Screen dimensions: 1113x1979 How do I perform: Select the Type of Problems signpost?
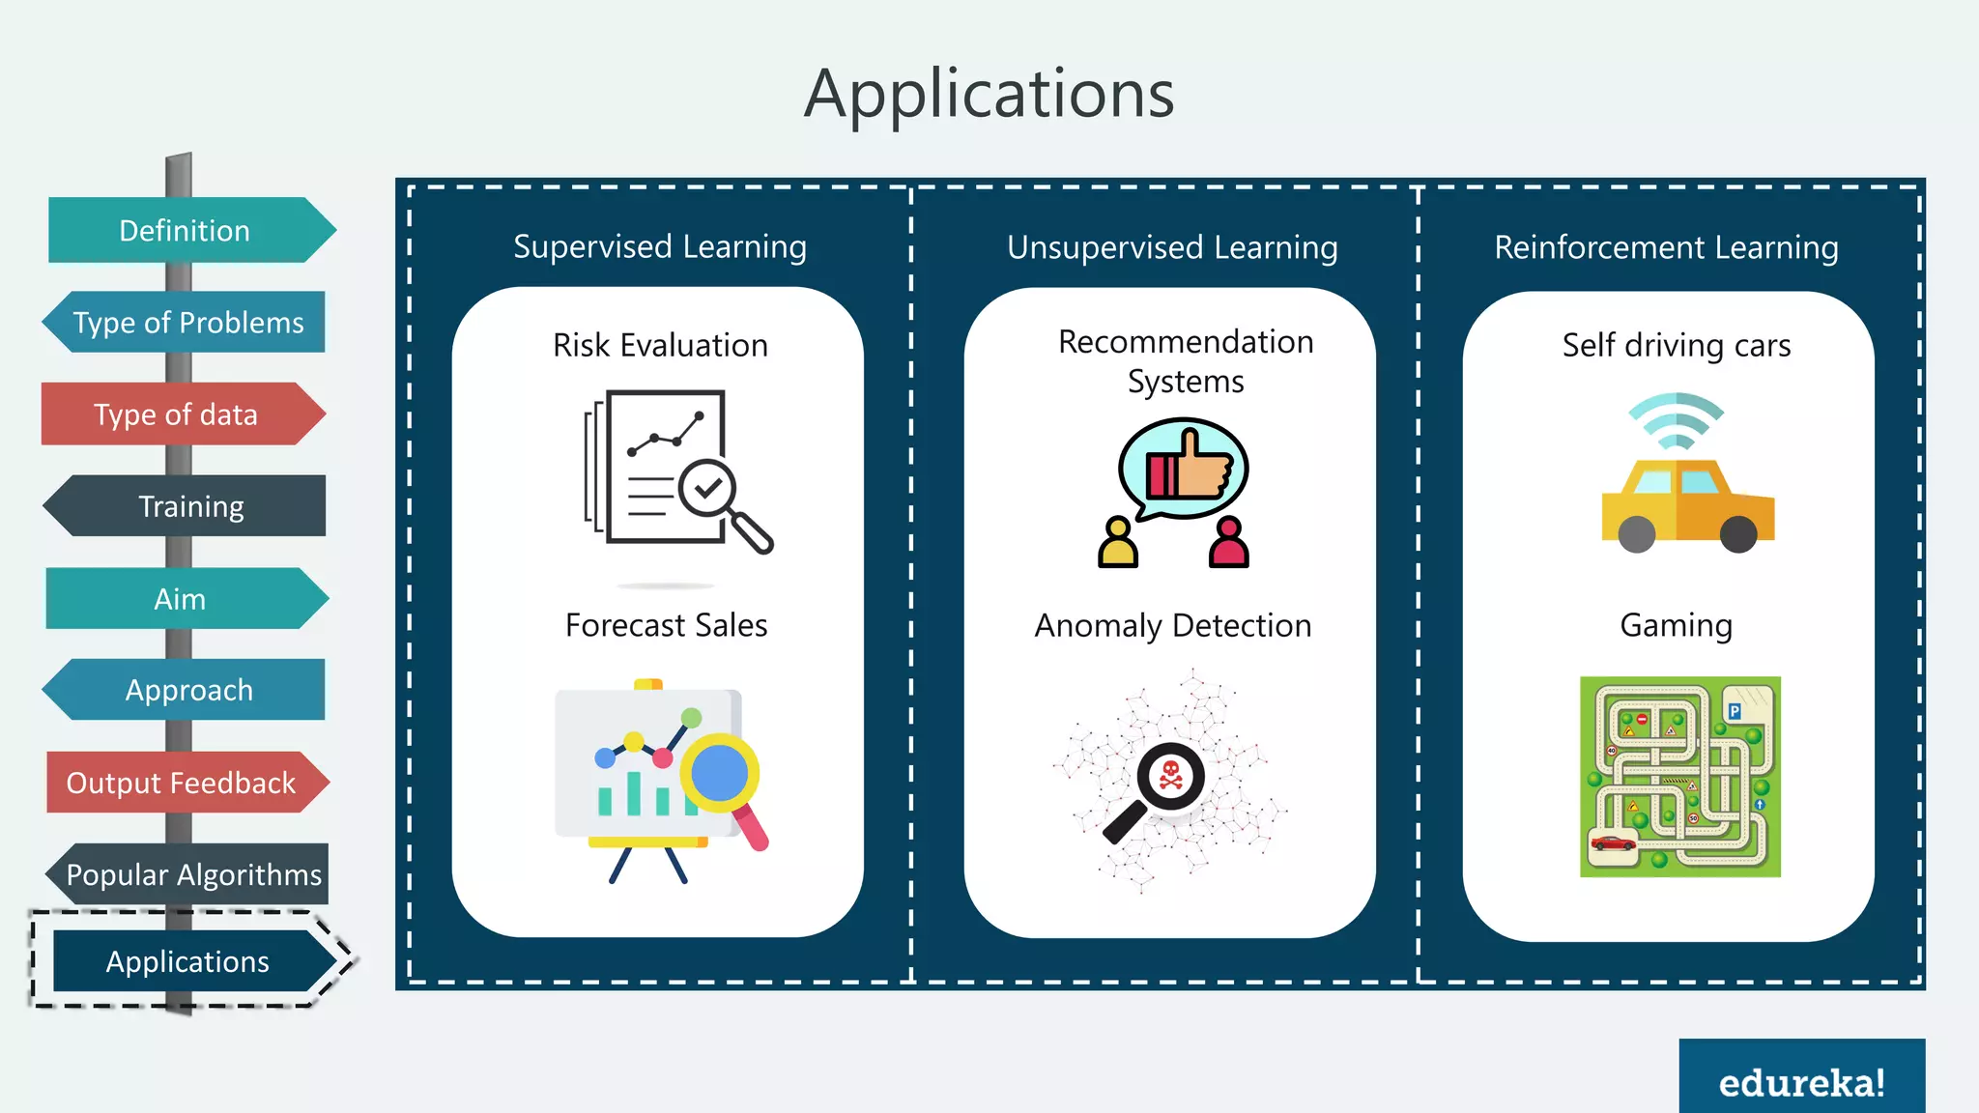tap(187, 322)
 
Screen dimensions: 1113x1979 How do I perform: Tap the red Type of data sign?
tap(178, 414)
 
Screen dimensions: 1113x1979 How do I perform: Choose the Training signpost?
tap(189, 506)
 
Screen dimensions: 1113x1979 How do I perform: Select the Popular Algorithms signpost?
tap(192, 874)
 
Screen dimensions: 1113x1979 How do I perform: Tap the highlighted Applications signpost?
tap(187, 961)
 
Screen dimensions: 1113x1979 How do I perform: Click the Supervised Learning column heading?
tap(660, 247)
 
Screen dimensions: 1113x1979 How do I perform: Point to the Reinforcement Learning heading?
tap(1666, 248)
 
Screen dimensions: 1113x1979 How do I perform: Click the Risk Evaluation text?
tap(660, 346)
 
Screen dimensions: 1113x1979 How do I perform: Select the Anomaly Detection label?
tap(1172, 626)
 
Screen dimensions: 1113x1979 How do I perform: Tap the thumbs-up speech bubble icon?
tap(1184, 468)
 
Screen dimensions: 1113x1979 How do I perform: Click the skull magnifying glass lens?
tap(1170, 775)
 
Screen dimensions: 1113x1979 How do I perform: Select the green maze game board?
tap(1679, 777)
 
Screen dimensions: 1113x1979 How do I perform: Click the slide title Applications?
tap(989, 94)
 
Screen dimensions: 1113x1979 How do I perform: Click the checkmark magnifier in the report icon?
tap(708, 490)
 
